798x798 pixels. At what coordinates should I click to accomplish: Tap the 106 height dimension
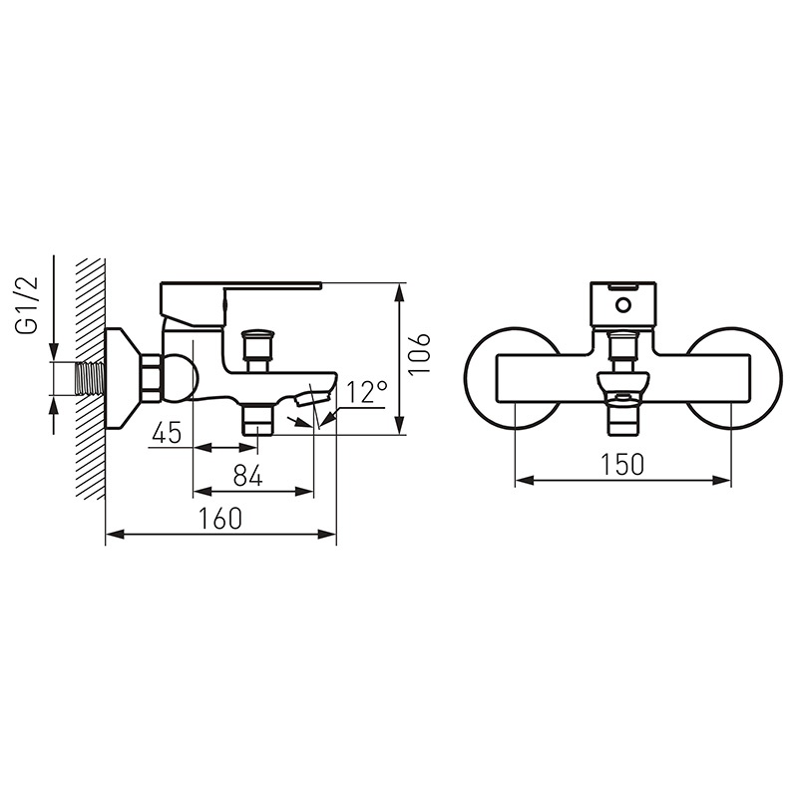(420, 353)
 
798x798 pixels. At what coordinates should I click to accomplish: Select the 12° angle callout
(367, 392)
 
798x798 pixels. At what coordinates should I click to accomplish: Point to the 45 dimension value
(167, 433)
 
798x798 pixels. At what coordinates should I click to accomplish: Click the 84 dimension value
(247, 476)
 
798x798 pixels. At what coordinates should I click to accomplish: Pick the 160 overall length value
(219, 518)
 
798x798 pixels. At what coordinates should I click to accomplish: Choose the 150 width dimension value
(622, 464)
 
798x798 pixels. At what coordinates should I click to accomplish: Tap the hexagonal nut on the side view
(153, 378)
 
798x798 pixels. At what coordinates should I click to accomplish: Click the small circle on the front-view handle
(622, 305)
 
